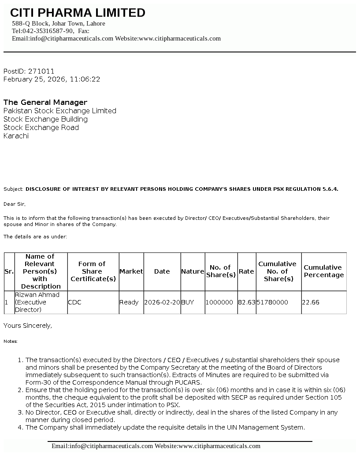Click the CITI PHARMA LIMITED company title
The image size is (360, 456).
[78, 13]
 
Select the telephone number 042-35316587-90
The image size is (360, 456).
[48, 31]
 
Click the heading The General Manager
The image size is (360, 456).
[45, 102]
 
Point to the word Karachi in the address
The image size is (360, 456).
[16, 136]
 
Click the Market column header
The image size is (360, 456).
[131, 271]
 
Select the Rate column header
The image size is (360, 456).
[246, 271]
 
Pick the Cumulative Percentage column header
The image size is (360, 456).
[323, 271]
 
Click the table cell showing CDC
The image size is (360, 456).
[74, 302]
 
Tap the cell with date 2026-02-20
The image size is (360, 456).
[162, 302]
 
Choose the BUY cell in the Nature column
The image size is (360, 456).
[188, 302]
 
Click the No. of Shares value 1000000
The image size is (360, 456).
[219, 302]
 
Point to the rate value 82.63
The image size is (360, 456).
[247, 302]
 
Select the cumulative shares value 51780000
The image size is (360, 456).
[272, 302]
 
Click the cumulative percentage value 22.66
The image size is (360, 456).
[311, 302]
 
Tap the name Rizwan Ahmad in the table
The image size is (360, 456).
[37, 295]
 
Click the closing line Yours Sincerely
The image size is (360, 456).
[28, 326]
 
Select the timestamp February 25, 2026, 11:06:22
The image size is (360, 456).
[52, 79]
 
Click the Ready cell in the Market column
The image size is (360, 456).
[129, 302]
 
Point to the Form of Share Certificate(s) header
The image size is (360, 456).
[93, 271]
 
